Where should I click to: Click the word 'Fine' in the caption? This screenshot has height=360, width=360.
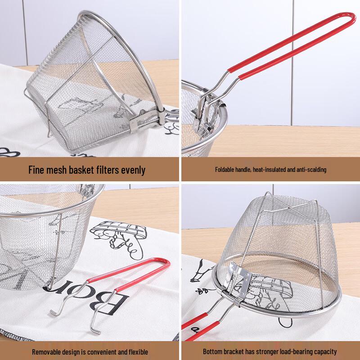tap(37, 170)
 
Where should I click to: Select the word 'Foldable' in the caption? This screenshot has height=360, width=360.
tap(224, 170)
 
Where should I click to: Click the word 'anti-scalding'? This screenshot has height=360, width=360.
tap(310, 170)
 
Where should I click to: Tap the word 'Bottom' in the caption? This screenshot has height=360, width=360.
tap(211, 351)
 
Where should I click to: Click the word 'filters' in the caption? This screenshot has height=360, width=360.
tap(108, 170)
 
